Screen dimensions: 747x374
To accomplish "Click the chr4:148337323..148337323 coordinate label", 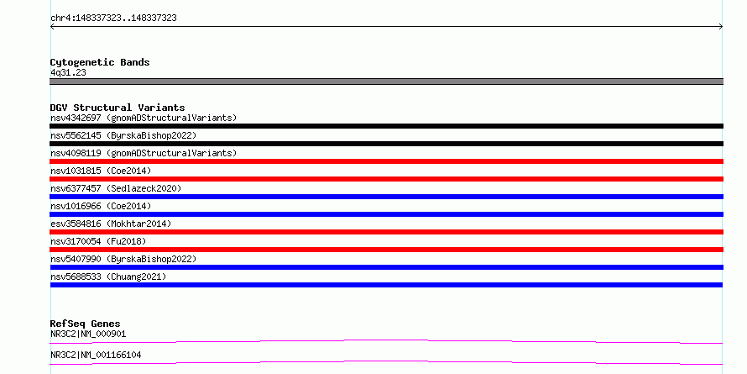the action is click(113, 18).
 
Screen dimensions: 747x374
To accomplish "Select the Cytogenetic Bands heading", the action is click(100, 62).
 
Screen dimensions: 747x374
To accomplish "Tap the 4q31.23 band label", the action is click(68, 72).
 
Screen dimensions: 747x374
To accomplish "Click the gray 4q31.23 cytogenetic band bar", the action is click(386, 82).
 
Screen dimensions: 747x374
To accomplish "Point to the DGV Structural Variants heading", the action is click(118, 108).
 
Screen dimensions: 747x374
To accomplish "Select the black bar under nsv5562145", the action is click(386, 144).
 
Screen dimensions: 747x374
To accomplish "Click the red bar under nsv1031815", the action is click(386, 179).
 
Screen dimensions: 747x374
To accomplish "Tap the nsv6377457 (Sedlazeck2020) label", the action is click(116, 188).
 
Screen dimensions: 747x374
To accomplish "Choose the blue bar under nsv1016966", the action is click(386, 214).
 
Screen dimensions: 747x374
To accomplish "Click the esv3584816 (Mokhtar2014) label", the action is click(111, 224).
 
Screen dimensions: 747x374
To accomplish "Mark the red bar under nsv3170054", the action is click(386, 250).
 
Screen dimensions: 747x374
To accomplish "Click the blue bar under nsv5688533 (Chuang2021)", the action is click(386, 285).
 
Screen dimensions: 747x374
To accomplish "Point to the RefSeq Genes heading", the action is click(85, 324).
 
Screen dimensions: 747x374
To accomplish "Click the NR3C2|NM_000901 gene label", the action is click(88, 334).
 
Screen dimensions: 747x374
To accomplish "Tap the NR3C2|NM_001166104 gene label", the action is click(96, 355).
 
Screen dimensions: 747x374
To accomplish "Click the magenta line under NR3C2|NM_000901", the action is click(386, 340).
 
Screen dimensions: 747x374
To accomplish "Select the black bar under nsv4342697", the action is click(386, 126).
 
